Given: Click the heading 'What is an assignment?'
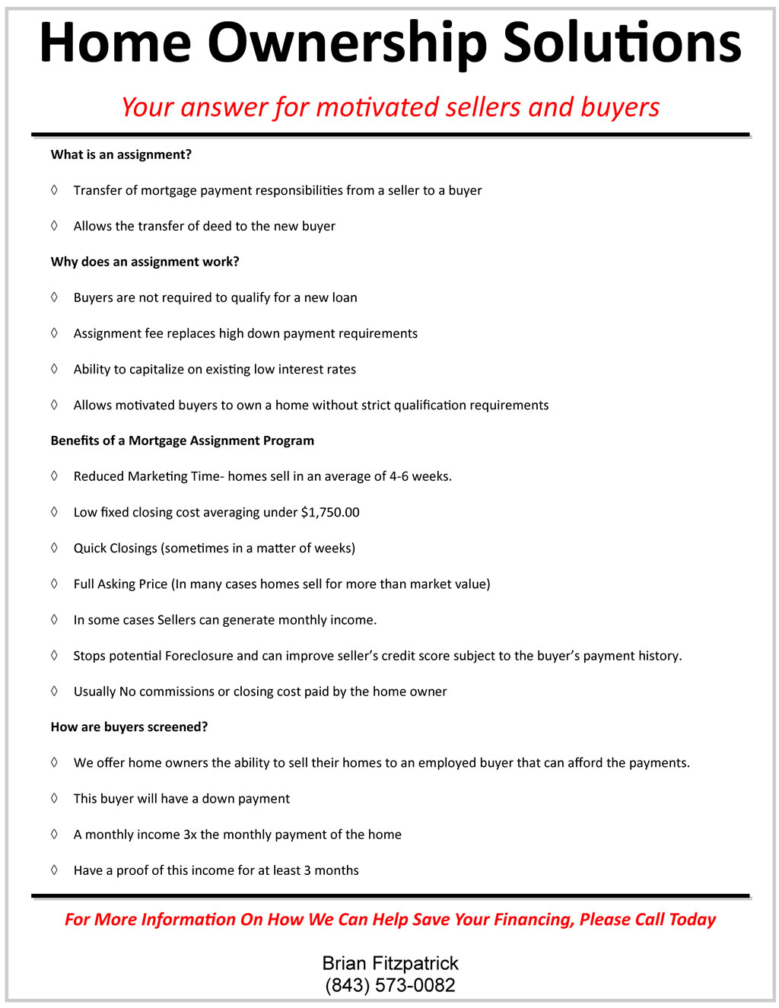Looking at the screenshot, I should (x=121, y=154).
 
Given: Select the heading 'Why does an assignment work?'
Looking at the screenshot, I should (x=145, y=262).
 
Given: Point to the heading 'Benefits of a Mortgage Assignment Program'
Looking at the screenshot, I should (x=182, y=440).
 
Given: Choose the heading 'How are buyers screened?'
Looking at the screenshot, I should (x=129, y=727).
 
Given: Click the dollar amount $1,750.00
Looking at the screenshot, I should (x=330, y=512).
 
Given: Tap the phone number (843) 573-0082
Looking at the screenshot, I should (x=390, y=985).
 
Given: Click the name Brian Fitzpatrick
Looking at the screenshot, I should (x=390, y=963).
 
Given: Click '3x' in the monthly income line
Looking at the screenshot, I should (x=190, y=835).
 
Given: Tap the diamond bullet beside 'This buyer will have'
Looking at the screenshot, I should (x=54, y=798).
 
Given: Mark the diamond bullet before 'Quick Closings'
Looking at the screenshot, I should (x=54, y=548).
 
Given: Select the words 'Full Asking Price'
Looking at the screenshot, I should (x=120, y=584).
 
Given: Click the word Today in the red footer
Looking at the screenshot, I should (x=692, y=919).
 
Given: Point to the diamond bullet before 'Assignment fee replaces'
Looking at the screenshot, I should (x=54, y=333).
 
